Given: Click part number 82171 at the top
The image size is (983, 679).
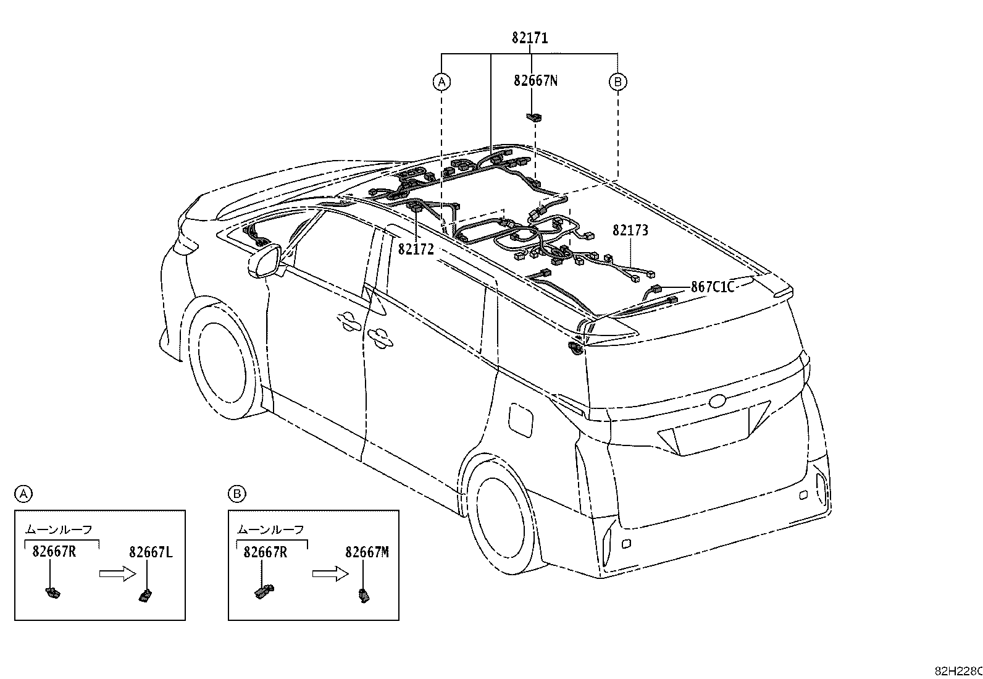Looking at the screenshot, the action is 530,38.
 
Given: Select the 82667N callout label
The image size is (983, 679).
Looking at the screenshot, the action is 536,81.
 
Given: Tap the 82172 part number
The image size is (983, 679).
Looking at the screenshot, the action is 416,250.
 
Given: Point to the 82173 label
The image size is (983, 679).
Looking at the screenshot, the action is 630,230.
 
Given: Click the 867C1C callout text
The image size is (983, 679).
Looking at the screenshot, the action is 713,287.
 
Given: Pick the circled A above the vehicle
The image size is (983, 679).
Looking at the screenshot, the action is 441,82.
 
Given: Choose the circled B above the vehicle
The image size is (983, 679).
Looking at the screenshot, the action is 618,82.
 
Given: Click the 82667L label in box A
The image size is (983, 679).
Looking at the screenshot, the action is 151,552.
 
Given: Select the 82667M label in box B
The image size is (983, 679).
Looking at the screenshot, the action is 367,552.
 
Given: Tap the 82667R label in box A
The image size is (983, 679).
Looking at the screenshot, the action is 54,552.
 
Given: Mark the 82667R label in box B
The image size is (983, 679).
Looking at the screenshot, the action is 266,552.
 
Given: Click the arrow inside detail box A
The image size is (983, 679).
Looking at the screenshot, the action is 118,573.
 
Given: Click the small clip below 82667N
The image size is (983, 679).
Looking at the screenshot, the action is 533,117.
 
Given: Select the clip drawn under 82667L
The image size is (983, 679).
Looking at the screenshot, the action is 145,596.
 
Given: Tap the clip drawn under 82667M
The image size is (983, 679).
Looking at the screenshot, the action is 364,596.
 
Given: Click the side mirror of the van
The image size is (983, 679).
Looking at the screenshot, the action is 265,262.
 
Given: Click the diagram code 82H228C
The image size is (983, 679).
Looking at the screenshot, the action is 958,671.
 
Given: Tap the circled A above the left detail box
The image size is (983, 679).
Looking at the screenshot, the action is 23,494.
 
